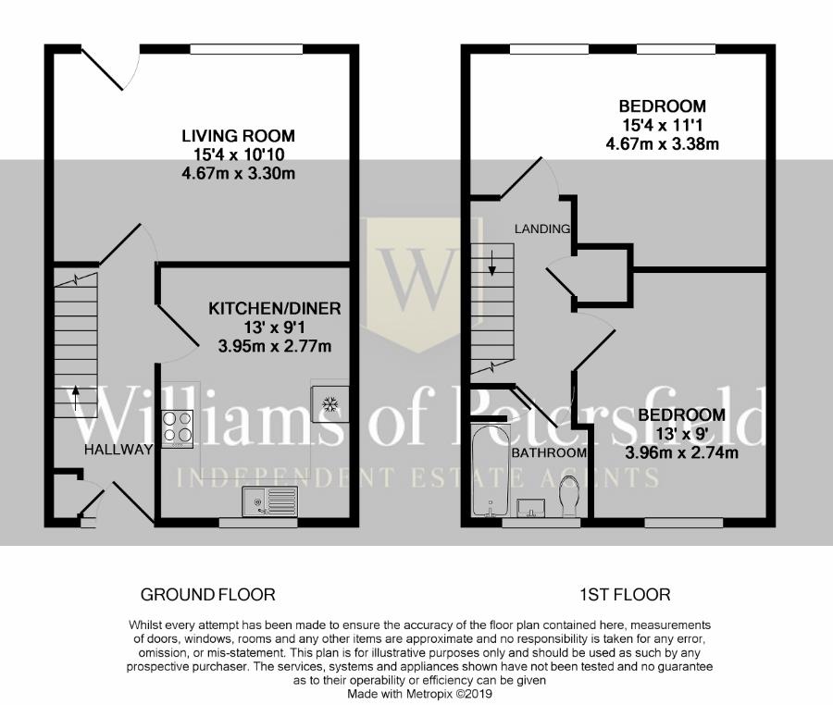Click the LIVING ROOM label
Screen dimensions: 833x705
tap(238, 136)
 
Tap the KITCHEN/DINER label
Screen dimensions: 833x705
tap(274, 308)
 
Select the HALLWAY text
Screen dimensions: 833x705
tap(118, 450)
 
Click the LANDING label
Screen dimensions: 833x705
tap(542, 229)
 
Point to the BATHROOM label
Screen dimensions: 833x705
tap(549, 452)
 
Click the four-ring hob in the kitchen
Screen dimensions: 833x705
tap(178, 427)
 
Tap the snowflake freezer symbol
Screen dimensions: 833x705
tap(329, 404)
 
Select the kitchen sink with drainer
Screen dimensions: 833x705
tap(270, 501)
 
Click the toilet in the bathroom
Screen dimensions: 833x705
tap(569, 495)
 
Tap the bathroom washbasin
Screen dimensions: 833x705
tap(530, 507)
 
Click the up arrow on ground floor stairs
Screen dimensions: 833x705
tap(76, 398)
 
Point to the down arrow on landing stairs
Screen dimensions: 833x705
tap(492, 263)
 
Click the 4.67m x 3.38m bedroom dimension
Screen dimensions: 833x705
tap(662, 143)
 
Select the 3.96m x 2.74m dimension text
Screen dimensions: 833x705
tap(681, 452)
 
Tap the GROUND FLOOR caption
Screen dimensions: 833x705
tap(207, 595)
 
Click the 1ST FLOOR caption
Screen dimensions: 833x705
tap(625, 595)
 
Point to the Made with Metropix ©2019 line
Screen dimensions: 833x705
tap(419, 694)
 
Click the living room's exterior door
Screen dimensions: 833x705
tap(110, 68)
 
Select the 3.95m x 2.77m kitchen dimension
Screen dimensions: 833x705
tap(275, 347)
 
